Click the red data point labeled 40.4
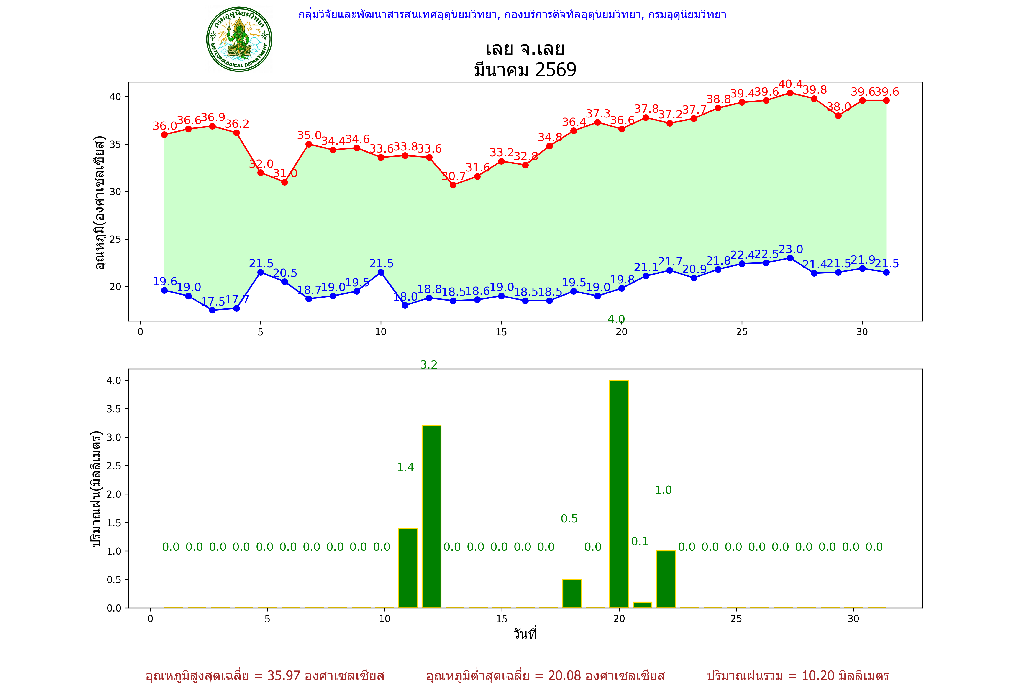coord(790,93)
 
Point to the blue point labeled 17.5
coord(212,310)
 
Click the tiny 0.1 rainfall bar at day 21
coord(642,605)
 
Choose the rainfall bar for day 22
coord(666,579)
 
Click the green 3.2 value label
coord(429,364)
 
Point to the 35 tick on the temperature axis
coord(115,144)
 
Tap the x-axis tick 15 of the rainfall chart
coord(502,619)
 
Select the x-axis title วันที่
coord(525,634)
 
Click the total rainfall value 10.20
coord(817,675)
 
